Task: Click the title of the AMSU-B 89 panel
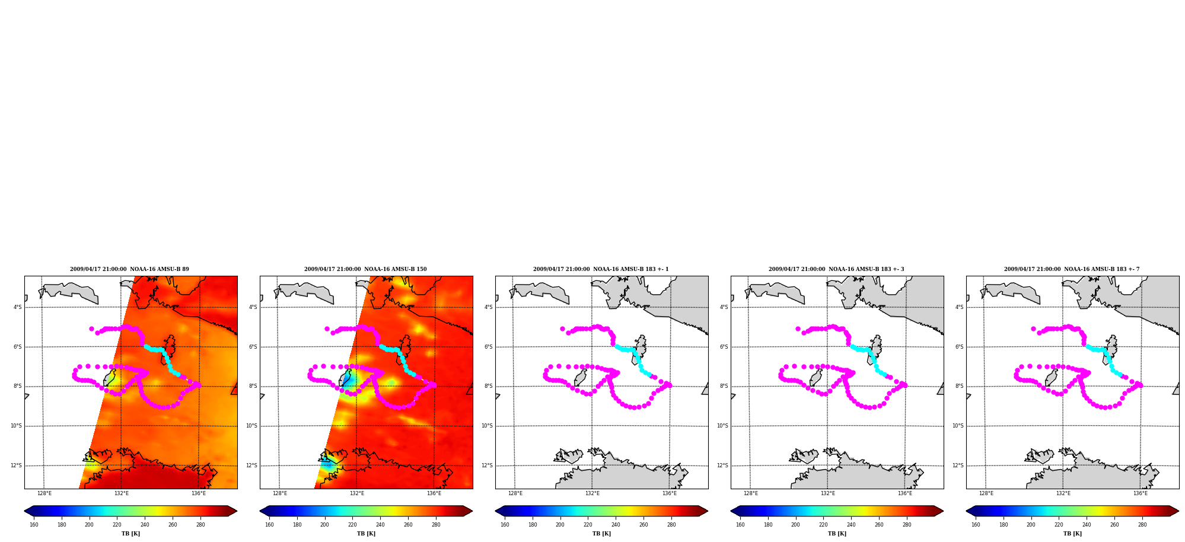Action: (129, 269)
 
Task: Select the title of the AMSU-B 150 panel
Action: (365, 269)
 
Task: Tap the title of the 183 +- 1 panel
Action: (601, 269)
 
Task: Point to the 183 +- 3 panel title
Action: (836, 269)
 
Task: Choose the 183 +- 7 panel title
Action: (1072, 269)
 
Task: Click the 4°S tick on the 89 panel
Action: (18, 307)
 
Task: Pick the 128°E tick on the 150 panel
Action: (280, 493)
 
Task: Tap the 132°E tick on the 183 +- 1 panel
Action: (592, 493)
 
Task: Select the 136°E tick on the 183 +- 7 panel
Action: (1141, 493)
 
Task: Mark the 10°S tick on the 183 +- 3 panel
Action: (722, 426)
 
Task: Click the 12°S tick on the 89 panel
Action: (16, 466)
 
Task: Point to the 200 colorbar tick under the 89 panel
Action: (89, 525)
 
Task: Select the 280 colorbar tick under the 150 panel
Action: (436, 525)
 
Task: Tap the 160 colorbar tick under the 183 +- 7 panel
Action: (976, 525)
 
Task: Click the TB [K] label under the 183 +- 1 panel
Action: (601, 534)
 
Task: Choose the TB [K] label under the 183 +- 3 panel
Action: (837, 534)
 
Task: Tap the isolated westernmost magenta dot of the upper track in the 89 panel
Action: (91, 329)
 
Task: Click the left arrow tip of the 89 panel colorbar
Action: (25, 511)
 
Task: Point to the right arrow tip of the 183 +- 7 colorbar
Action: (1178, 511)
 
